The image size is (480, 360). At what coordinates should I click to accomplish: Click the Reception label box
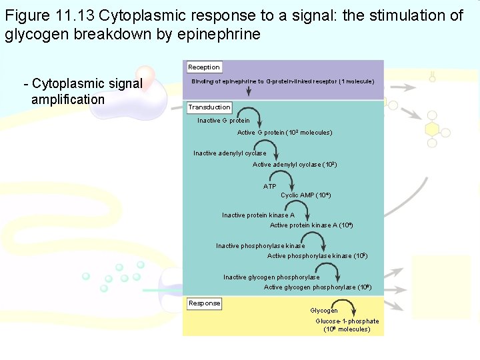203,67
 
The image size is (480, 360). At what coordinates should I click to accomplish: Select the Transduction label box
209,107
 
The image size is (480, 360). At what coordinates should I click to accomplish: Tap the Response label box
204,303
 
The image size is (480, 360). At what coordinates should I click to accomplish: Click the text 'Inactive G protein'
223,121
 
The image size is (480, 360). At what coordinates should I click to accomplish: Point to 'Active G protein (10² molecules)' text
285,133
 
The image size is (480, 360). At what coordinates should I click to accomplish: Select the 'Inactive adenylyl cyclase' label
229,153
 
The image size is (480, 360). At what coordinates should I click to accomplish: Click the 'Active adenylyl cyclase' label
295,164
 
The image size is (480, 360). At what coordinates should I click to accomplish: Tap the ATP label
269,187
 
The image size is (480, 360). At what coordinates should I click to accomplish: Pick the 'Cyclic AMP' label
305,195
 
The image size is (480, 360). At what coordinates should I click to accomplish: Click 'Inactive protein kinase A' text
258,215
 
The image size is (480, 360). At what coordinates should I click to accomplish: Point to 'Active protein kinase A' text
311,225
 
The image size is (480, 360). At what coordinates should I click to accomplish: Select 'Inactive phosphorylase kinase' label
260,246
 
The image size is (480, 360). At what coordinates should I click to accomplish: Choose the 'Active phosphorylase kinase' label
317,256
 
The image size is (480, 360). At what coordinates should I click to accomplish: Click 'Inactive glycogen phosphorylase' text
271,277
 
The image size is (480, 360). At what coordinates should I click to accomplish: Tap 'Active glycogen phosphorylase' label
317,287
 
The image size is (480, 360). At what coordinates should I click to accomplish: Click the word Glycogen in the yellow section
324,311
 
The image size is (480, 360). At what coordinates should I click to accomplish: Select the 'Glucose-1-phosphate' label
347,321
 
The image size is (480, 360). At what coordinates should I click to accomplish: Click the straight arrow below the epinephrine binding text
267,94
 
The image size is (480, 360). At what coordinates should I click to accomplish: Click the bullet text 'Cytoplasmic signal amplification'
83,91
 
